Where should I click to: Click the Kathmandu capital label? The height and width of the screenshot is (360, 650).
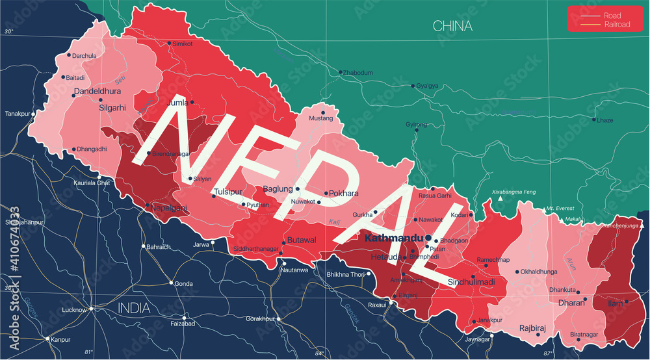(393, 238)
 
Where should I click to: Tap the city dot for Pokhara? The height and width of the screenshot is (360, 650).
(326, 193)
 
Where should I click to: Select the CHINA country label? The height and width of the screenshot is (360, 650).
(452, 27)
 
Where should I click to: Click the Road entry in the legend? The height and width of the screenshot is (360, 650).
(612, 16)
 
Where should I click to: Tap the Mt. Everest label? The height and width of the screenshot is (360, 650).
(561, 208)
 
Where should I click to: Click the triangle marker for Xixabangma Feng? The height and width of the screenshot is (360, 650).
(500, 199)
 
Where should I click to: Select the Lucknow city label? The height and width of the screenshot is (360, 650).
(73, 310)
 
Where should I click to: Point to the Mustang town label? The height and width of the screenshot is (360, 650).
(320, 119)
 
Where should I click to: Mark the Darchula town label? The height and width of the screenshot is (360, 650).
(84, 56)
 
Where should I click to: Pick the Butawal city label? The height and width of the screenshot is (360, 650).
(302, 240)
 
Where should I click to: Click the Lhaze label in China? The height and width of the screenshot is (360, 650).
(604, 120)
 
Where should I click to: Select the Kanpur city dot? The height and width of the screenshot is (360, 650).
(47, 339)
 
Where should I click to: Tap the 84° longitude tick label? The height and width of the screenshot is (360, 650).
(318, 354)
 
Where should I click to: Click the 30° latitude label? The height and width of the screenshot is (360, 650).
(8, 31)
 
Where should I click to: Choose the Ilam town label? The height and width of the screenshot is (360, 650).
(614, 302)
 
